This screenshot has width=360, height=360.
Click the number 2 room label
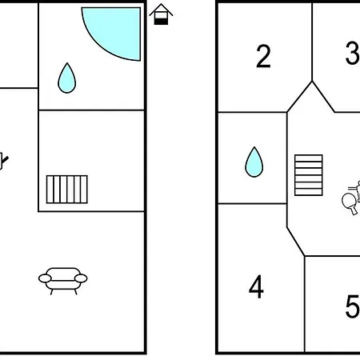[x=263, y=56]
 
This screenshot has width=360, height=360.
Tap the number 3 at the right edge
[x=353, y=53]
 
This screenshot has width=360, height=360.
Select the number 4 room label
[x=256, y=287]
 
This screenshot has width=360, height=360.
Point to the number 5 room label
[x=353, y=306]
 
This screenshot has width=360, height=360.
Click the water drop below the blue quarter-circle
[x=67, y=78]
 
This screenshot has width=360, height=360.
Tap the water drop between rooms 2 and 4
[x=254, y=162]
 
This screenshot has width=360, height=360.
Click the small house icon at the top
[x=161, y=14]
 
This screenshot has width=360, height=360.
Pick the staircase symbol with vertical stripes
[x=67, y=190]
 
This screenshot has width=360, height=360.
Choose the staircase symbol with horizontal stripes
[x=309, y=175]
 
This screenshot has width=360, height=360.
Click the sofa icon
[x=63, y=281]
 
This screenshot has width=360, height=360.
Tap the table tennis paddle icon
[x=350, y=203]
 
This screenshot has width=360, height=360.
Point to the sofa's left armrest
[x=45, y=278]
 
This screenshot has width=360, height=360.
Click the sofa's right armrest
[x=81, y=278]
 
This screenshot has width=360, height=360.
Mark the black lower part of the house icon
[x=162, y=21]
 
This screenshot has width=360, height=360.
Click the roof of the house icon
[x=161, y=9]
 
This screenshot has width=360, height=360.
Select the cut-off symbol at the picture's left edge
[x=3, y=161]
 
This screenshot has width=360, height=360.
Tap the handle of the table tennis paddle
[x=354, y=210]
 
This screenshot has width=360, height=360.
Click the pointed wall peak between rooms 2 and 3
[x=312, y=82]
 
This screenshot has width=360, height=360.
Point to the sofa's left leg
[x=51, y=292]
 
